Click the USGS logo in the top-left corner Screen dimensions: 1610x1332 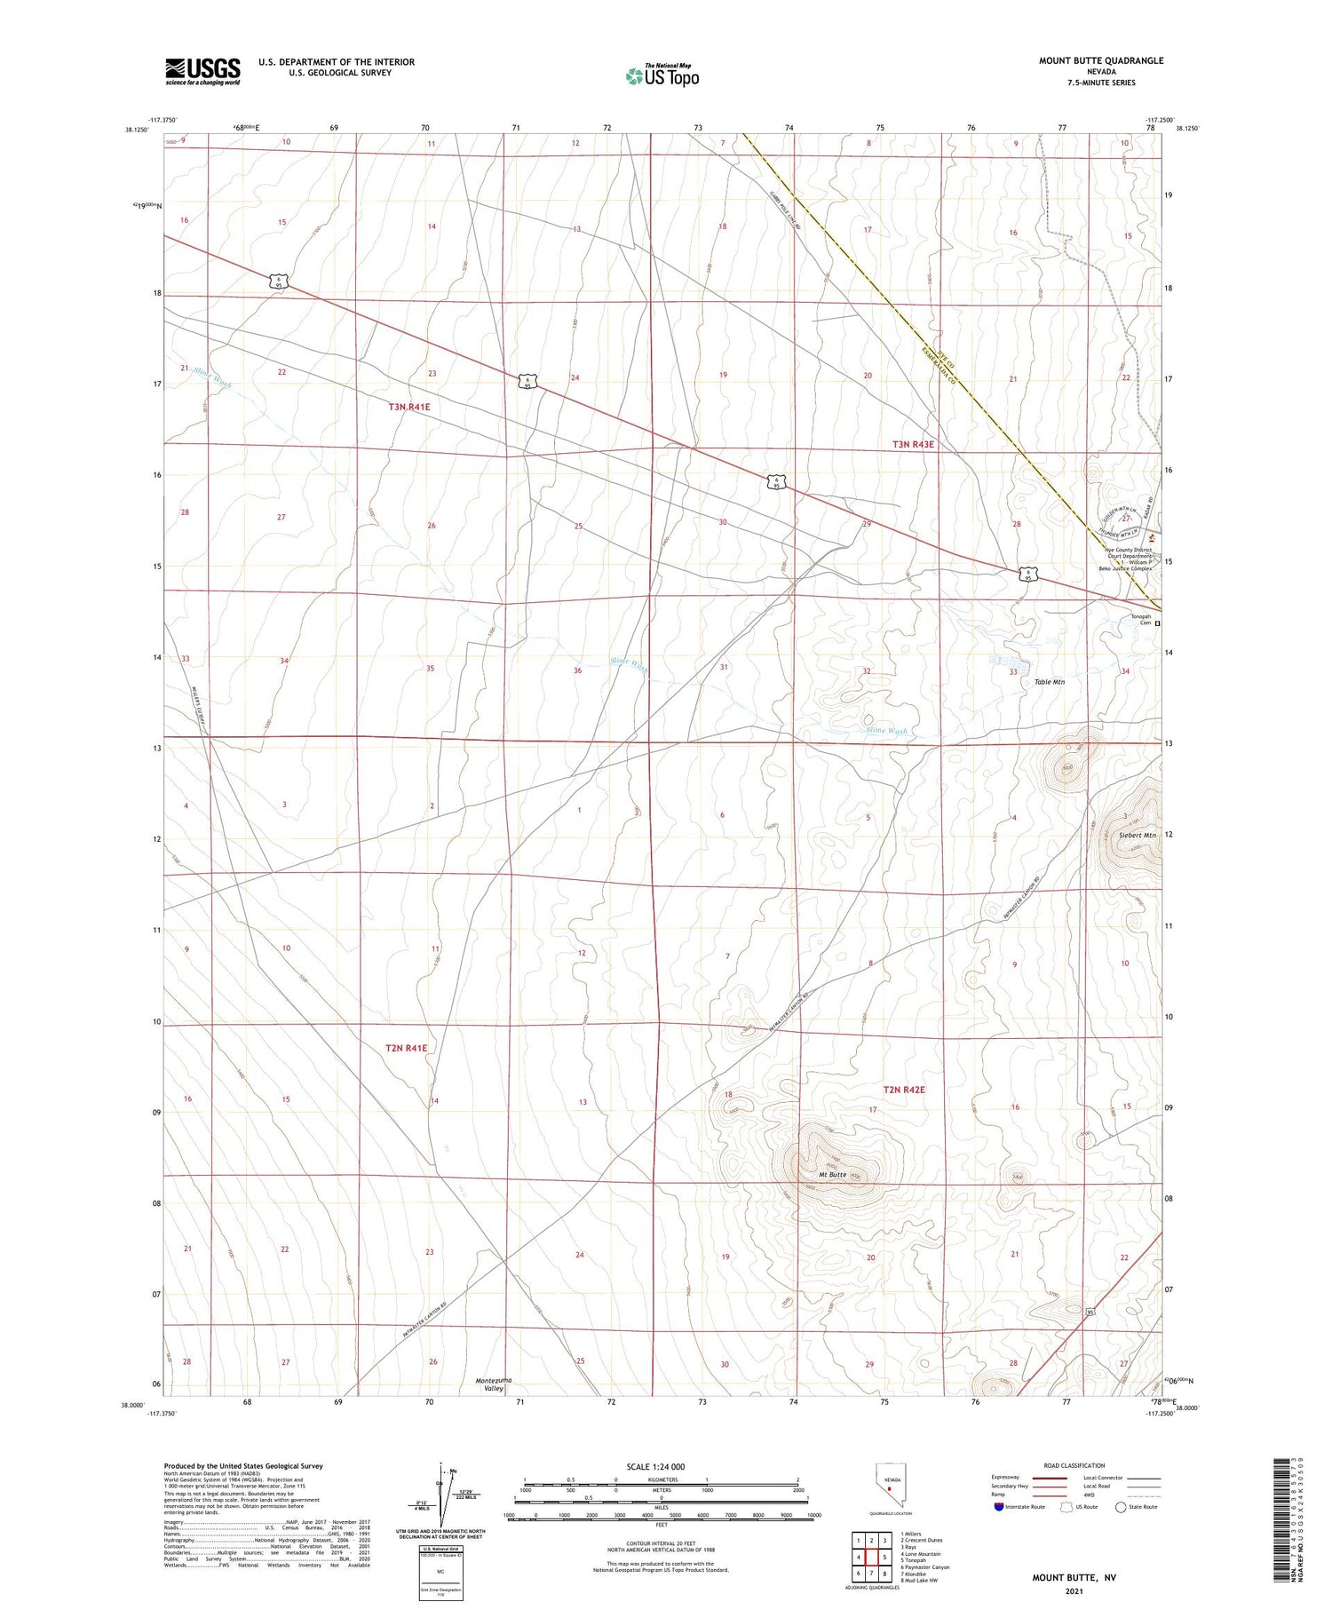202,71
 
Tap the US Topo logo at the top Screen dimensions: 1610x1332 662,75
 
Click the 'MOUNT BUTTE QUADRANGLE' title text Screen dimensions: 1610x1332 1100,60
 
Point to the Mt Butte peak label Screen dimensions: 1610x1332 832,1175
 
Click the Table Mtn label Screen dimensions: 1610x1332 1049,682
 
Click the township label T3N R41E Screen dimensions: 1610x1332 408,407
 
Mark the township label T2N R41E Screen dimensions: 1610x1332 406,1048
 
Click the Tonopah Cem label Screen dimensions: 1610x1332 1140,619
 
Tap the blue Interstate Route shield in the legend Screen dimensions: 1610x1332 1000,1506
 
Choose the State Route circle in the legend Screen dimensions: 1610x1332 1121,1506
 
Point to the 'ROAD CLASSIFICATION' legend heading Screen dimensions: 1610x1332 1074,1465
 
